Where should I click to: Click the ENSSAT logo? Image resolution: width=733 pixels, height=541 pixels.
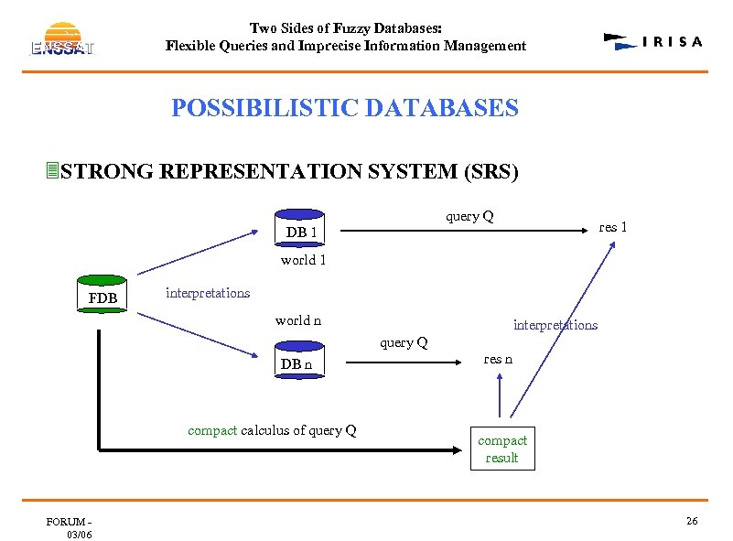click(x=62, y=38)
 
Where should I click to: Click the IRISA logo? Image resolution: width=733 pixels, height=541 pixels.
click(x=653, y=41)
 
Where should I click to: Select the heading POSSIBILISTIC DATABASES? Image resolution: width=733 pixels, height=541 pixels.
click(x=345, y=108)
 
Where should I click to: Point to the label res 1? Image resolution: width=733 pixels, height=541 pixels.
click(x=612, y=227)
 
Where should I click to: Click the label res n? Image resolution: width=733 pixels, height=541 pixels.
click(x=499, y=359)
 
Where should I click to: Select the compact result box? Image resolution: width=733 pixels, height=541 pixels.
click(x=501, y=449)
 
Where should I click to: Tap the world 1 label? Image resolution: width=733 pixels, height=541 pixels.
click(x=304, y=260)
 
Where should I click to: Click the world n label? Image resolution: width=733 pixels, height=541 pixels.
click(x=298, y=320)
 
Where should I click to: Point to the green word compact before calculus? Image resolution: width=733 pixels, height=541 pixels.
click(x=212, y=430)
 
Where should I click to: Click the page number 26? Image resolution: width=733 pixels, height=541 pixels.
click(x=692, y=521)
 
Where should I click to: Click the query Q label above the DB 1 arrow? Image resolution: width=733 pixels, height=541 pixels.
click(x=469, y=216)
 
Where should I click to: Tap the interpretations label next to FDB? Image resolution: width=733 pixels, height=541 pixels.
click(x=208, y=293)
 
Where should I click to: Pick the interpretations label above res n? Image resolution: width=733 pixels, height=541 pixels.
click(x=555, y=325)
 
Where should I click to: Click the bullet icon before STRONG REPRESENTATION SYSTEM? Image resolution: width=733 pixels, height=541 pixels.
click(x=53, y=170)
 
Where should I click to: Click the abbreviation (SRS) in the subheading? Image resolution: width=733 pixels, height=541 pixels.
click(x=491, y=171)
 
